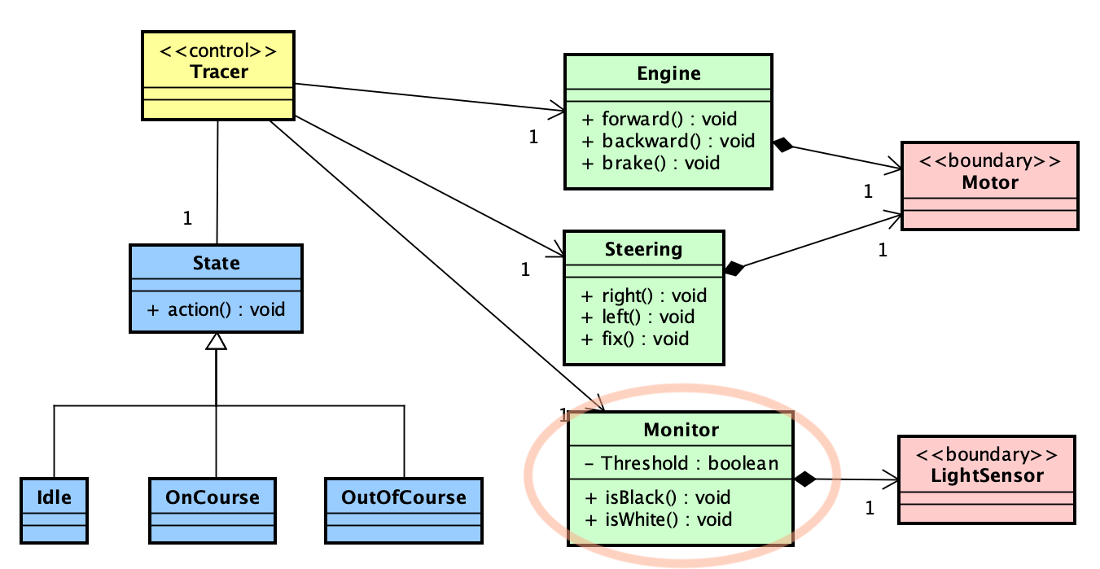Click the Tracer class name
point(218,72)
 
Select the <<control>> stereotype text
point(218,50)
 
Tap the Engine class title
point(668,73)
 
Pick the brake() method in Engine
point(651,163)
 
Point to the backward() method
point(668,141)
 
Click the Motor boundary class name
point(989,182)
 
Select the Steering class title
point(643,248)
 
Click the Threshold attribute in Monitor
point(681,463)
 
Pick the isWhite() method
point(657,519)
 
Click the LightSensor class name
point(986,475)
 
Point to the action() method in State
point(217,309)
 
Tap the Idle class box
point(53,510)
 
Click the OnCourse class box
point(213,510)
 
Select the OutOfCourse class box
point(404,510)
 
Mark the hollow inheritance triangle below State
point(216,341)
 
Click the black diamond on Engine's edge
point(782,146)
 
